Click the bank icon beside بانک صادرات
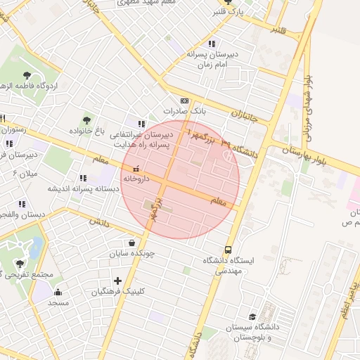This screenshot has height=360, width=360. click(185, 101)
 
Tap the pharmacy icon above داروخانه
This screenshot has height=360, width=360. click(136, 169)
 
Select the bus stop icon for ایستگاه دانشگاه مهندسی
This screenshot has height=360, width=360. click(228, 250)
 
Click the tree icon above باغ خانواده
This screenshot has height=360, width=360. click(86, 121)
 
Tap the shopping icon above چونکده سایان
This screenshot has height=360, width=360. click(132, 243)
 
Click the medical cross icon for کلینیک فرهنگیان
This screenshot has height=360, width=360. click(117, 281)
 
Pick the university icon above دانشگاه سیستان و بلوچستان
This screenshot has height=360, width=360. click(252, 317)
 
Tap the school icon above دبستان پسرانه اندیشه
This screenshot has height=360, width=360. click(83, 179)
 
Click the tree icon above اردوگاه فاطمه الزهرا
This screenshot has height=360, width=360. click(27, 74)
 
